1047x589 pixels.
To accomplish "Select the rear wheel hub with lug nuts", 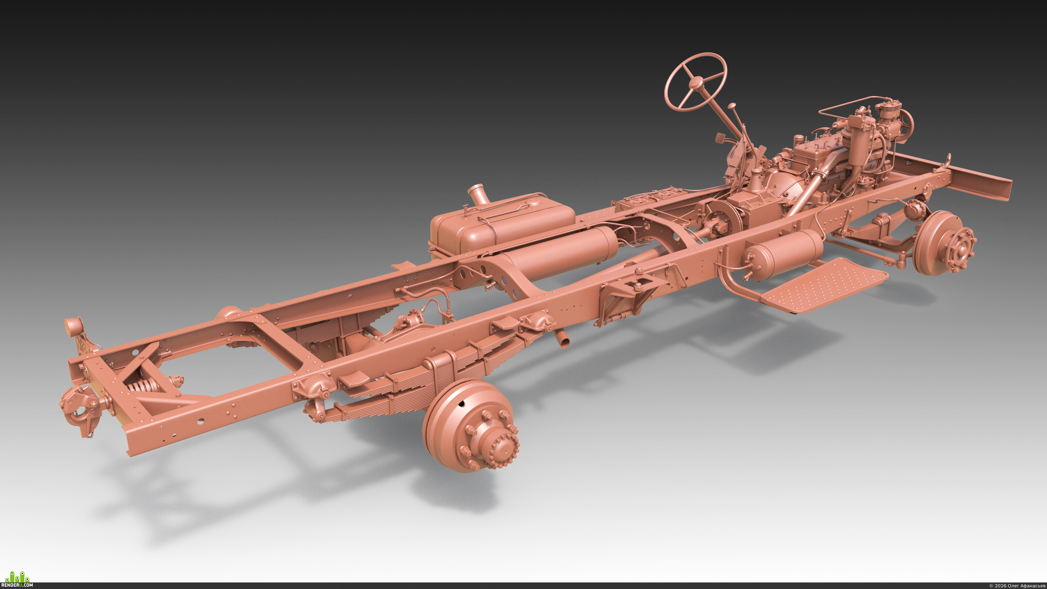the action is pyautogui.click(x=471, y=426).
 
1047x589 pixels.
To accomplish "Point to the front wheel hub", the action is pyautogui.click(x=946, y=243).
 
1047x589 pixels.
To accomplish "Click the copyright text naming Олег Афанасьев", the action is pyautogui.click(x=1017, y=585).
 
